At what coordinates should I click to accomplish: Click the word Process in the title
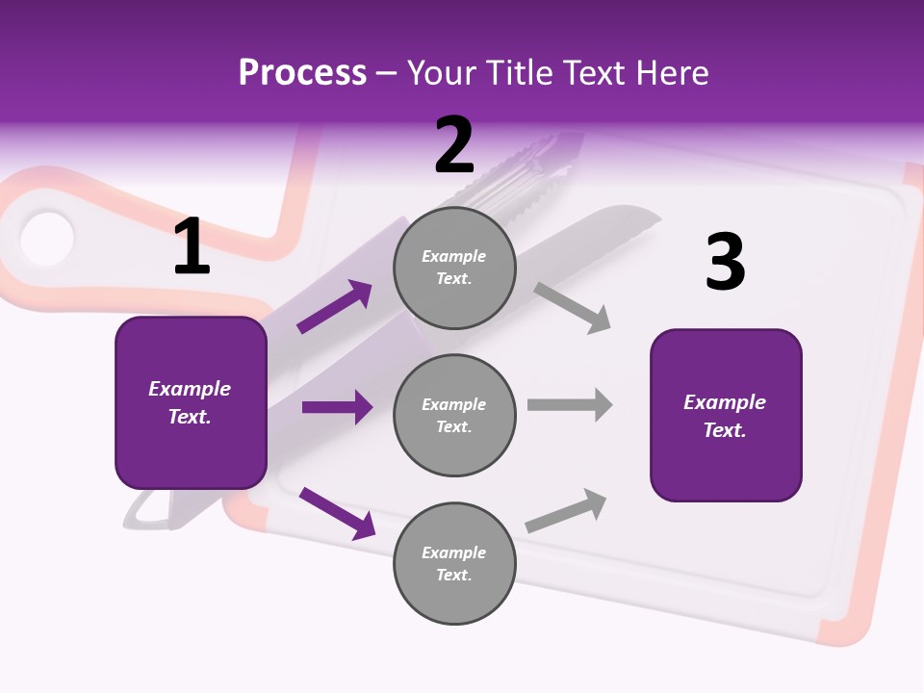[x=302, y=72]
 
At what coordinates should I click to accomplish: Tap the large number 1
[x=192, y=247]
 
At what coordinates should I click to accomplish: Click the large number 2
[x=454, y=146]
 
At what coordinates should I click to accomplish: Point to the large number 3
[x=725, y=263]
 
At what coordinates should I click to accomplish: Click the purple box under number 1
[x=191, y=402]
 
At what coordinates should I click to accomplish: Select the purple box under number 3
[x=726, y=416]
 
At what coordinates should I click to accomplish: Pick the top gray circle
[x=454, y=268]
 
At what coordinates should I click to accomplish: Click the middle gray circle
[x=454, y=415]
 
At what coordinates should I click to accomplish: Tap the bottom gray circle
[x=454, y=563]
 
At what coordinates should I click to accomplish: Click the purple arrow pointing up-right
[x=335, y=307]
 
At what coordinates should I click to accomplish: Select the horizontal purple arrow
[x=337, y=407]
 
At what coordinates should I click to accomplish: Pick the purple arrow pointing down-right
[x=337, y=512]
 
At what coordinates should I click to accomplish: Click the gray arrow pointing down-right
[x=572, y=307]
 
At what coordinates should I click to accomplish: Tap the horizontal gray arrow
[x=570, y=405]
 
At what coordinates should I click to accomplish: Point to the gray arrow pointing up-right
[x=566, y=511]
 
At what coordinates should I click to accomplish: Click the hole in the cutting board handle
[x=46, y=237]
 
